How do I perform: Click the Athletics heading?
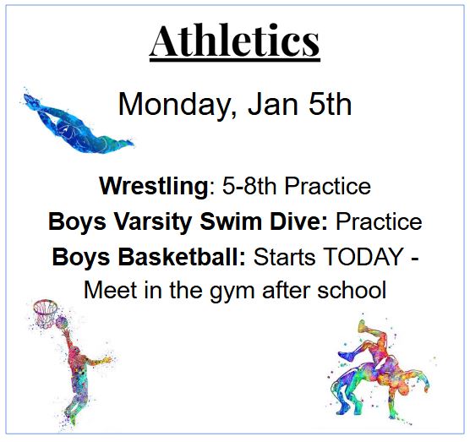pos(235,41)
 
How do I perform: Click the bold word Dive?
pos(299,221)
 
